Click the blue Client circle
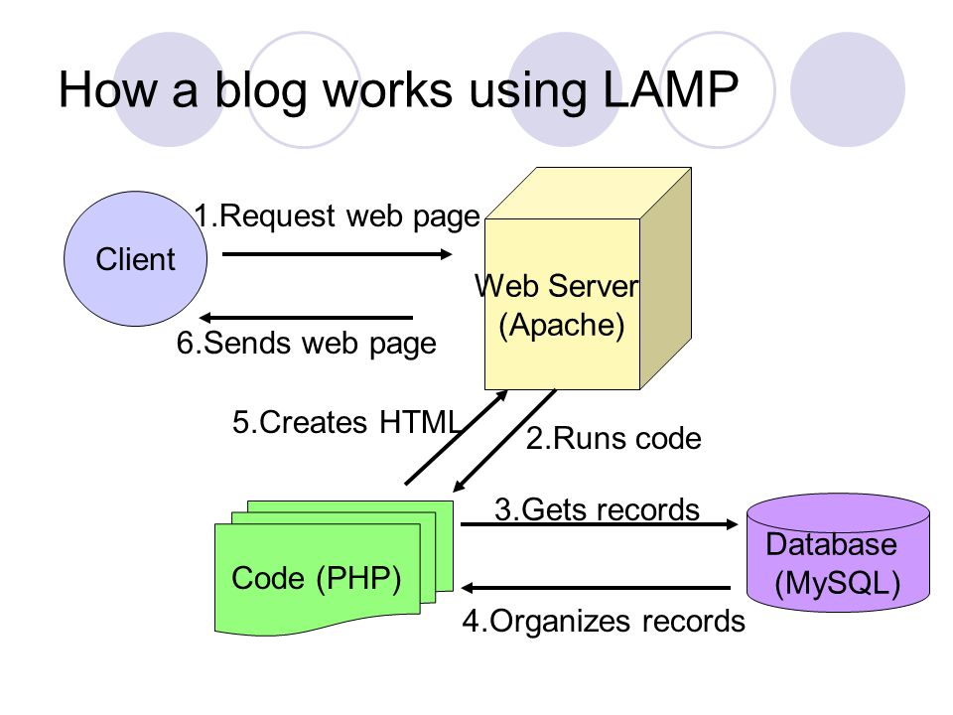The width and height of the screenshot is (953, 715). coord(136,259)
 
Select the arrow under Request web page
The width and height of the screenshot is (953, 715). coord(338,254)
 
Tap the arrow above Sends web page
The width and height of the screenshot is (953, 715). coord(306,318)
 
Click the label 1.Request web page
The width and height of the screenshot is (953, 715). coord(338,215)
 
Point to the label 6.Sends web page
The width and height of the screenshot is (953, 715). coord(307,343)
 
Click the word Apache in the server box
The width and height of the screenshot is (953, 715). coord(562,325)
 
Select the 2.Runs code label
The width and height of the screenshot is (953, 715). coord(613,438)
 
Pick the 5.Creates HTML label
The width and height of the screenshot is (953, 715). coord(345,422)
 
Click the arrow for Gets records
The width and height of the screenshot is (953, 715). coord(600,523)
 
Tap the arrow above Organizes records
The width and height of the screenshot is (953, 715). coord(596,588)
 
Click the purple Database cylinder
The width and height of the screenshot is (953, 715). coord(838,553)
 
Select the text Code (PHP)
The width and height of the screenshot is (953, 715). coord(316,578)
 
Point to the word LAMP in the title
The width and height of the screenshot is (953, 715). coord(670,89)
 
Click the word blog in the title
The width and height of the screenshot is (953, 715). coord(261,91)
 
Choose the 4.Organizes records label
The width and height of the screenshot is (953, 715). coord(604,622)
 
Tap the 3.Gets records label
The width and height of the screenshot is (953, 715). coord(597,509)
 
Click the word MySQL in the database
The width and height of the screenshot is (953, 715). coord(838,583)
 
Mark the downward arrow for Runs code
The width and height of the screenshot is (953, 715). coord(504,440)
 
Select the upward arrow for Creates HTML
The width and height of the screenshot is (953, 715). coord(457,437)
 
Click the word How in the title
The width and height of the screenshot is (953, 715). coord(107,89)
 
